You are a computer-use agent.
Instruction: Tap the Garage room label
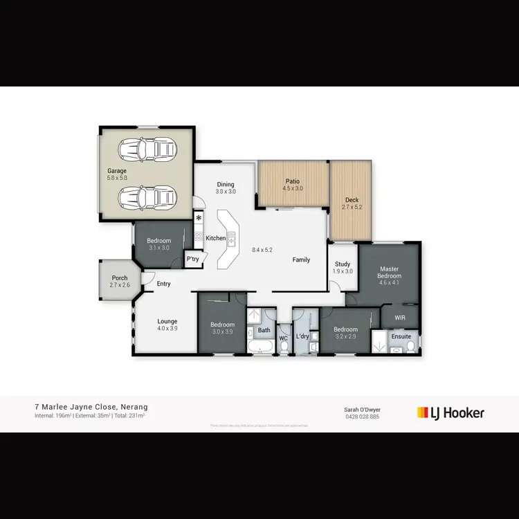pyautogui.click(x=116, y=170)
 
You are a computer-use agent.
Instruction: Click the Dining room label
pyautogui.click(x=226, y=184)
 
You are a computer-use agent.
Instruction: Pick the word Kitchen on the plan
pyautogui.click(x=216, y=238)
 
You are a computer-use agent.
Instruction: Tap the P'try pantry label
pyautogui.click(x=193, y=259)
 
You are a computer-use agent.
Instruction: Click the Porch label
pyautogui.click(x=119, y=278)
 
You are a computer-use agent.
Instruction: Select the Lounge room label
pyautogui.click(x=167, y=321)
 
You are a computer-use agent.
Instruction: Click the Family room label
pyautogui.click(x=301, y=259)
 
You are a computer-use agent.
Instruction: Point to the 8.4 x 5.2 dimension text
pyautogui.click(x=262, y=249)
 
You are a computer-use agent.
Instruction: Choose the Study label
pyautogui.click(x=343, y=264)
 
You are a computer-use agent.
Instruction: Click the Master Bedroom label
pyautogui.click(x=389, y=272)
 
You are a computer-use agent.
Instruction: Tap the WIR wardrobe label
pyautogui.click(x=400, y=318)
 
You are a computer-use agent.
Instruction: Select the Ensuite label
pyautogui.click(x=401, y=336)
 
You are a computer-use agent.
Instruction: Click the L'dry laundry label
pyautogui.click(x=302, y=336)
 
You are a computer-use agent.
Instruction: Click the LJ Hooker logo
pyautogui.click(x=450, y=413)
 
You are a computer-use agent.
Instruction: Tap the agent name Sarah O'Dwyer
pyautogui.click(x=362, y=410)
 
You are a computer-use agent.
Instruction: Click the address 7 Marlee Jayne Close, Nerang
pyautogui.click(x=91, y=407)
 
